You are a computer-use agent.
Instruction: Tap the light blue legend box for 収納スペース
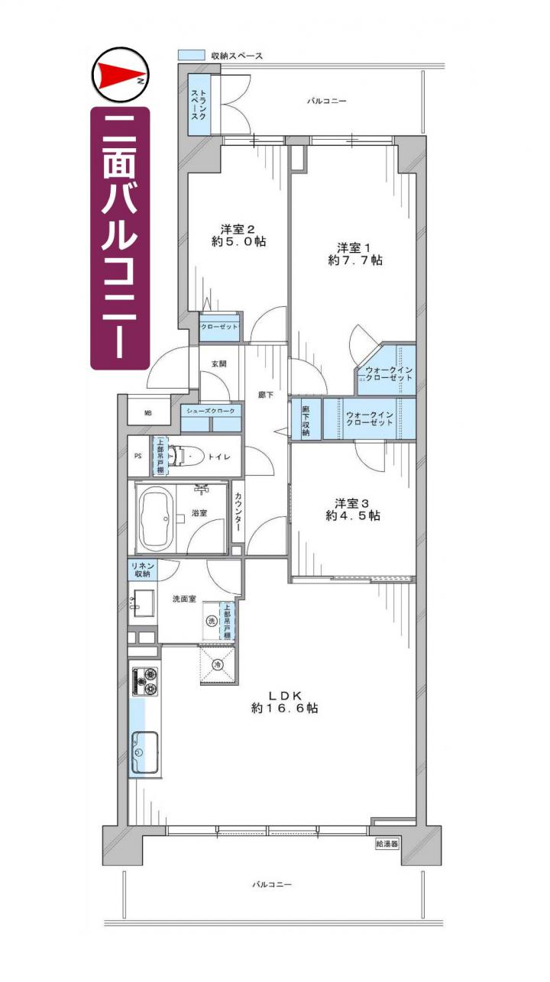[x=191, y=55]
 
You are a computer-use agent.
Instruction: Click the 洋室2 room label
[x=238, y=229]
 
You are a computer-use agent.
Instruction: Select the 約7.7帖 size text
[x=354, y=260]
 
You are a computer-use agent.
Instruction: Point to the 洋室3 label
[x=353, y=503]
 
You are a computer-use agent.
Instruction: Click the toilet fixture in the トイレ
[x=186, y=457]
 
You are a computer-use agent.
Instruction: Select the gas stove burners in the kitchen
[x=144, y=681]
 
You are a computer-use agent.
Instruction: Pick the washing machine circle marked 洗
[x=212, y=621]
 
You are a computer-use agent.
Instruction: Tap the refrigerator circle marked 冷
[x=218, y=665]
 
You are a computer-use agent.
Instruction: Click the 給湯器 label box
[x=387, y=843]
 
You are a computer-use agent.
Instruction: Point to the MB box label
[x=148, y=412]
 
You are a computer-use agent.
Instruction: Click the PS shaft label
[x=138, y=456]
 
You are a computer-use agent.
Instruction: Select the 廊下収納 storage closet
[x=306, y=418]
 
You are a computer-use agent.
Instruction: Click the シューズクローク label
[x=211, y=411]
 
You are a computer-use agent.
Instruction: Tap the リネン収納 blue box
[x=143, y=570]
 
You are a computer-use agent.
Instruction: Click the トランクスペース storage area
[x=199, y=105]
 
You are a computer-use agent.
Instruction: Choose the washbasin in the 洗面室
[x=143, y=602]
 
